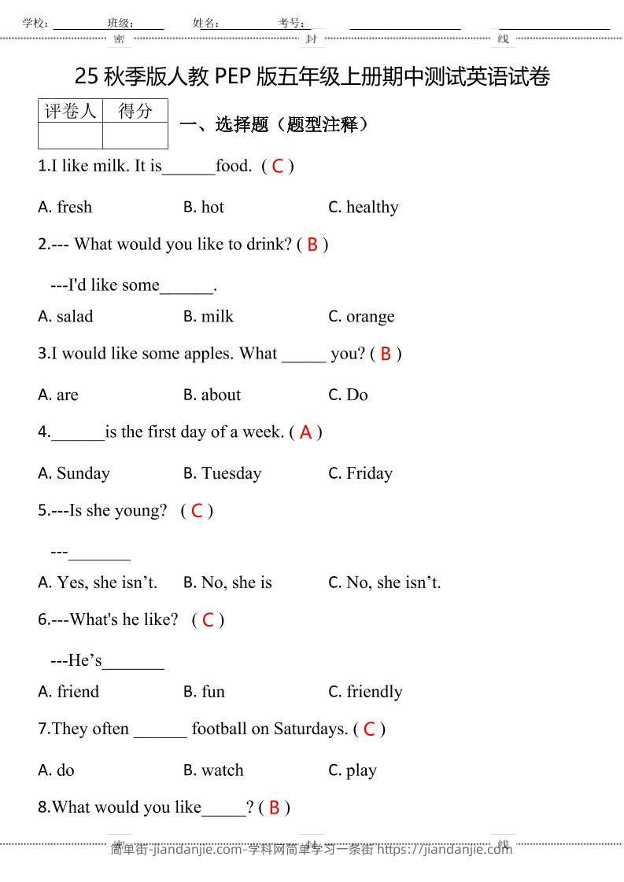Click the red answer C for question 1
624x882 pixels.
coord(277,167)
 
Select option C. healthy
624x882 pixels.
coord(364,208)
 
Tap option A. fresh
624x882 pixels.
coord(65,208)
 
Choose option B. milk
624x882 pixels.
coord(209,317)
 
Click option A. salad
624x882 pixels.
coord(65,317)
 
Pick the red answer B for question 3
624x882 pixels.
coord(386,355)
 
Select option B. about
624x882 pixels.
coord(212,395)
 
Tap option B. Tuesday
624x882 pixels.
coord(223,473)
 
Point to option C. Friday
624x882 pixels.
coord(360,473)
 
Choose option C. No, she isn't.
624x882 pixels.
coord(385,582)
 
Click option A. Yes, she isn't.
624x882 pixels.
coord(98,582)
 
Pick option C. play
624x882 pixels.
coord(353,770)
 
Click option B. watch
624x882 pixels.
coord(214,770)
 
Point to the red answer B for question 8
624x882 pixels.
coord(274,808)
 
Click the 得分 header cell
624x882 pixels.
coord(135,111)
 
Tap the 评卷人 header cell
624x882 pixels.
coord(70,111)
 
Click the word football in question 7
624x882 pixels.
coord(220,729)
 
